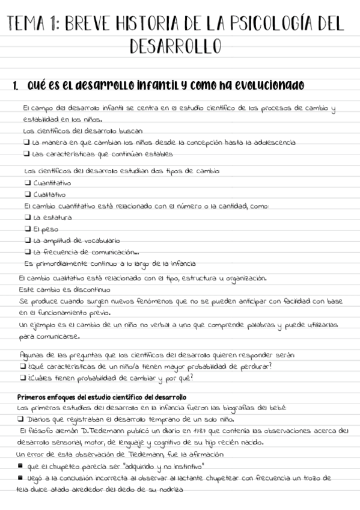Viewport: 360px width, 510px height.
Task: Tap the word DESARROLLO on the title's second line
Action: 175,46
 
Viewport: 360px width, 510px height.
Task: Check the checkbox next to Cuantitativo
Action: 27,183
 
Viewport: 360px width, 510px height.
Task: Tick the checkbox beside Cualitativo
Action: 27,194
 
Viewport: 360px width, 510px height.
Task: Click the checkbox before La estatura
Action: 27,218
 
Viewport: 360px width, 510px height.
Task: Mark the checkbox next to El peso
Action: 27,229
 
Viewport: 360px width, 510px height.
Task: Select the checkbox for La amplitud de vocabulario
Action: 27,241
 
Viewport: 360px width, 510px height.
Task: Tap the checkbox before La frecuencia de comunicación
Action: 27,252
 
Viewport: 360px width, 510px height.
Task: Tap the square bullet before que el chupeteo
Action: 20,466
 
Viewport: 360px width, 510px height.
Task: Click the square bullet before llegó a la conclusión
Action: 20,478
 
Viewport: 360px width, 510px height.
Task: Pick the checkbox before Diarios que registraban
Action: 20,419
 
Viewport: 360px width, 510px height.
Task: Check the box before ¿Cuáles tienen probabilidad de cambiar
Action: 22,378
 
